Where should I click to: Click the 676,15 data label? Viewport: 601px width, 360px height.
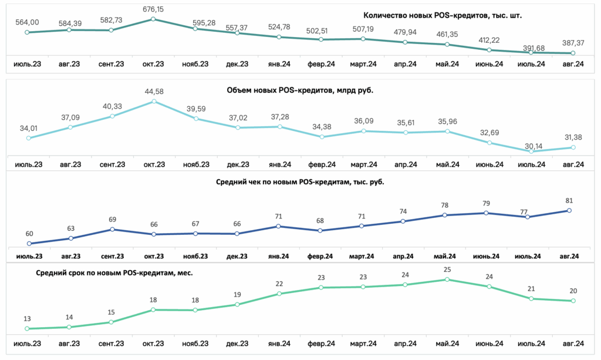point(153,9)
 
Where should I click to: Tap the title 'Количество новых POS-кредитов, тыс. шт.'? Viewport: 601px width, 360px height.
point(443,16)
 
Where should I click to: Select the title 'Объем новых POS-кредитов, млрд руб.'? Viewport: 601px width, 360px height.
point(300,90)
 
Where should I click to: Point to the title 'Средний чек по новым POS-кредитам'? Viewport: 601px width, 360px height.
point(283,182)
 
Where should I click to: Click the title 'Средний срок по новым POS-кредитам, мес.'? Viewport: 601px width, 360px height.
point(114,273)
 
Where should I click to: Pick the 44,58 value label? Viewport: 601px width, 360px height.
point(154,92)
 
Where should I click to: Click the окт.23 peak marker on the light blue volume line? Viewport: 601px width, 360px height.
point(154,102)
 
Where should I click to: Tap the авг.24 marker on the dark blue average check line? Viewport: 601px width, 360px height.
point(569,210)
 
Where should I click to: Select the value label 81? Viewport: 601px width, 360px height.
point(569,200)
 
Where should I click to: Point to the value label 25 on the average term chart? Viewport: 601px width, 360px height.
point(447,270)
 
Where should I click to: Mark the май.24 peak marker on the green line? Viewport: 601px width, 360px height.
point(447,280)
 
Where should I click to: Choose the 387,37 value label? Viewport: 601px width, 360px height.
point(573,43)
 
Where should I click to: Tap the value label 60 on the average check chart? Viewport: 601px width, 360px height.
point(29,234)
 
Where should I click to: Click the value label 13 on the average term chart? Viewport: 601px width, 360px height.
point(27,319)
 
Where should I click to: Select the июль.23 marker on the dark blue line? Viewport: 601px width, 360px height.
point(29,244)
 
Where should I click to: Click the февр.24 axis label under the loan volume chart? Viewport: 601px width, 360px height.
point(322,164)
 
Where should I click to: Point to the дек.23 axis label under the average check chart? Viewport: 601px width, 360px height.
point(237,256)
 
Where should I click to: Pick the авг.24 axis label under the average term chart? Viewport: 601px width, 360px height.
point(573,344)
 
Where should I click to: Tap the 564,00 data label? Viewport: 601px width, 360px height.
point(27,23)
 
